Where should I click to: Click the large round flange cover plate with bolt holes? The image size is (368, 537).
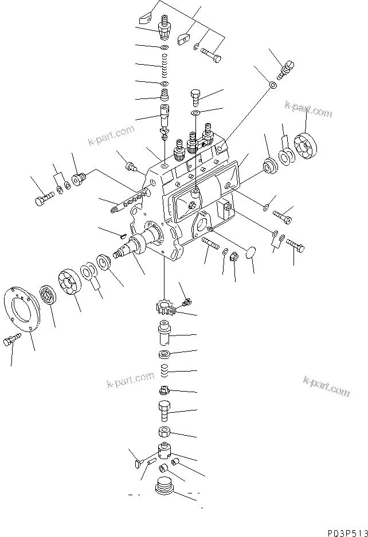(x=26, y=310)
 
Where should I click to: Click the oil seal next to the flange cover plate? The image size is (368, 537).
(x=47, y=296)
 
